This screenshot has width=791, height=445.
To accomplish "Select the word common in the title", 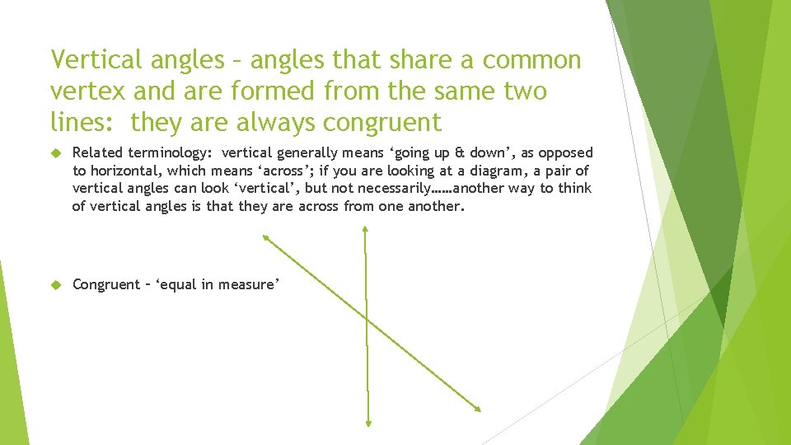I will click(x=532, y=60).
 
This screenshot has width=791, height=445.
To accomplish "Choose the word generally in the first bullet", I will click(x=307, y=152).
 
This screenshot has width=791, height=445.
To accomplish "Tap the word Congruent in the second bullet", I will click(x=106, y=284).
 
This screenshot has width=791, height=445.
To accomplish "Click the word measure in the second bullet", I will click(x=246, y=284).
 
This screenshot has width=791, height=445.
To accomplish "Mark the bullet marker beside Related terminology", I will click(x=57, y=153).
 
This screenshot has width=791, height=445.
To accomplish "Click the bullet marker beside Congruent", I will click(x=57, y=285).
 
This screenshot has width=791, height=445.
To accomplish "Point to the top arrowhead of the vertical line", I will click(x=365, y=228).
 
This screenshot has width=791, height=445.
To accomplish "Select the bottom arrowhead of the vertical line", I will click(x=367, y=423).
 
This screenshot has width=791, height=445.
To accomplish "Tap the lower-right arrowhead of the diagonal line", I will click(x=475, y=407).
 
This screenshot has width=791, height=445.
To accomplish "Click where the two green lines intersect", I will click(x=366, y=317).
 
